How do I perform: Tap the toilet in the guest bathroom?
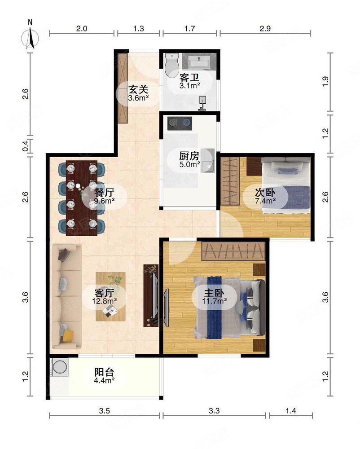pyautogui.click(x=171, y=65)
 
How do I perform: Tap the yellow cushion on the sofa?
pyautogui.click(x=68, y=335)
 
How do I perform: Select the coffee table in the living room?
pyautogui.click(x=110, y=296)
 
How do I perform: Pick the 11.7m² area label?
pyautogui.click(x=214, y=301)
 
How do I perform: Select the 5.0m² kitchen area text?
pyautogui.click(x=189, y=164)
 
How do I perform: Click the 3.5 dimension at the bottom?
pyautogui.click(x=105, y=410)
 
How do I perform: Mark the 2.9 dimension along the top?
pyautogui.click(x=265, y=29)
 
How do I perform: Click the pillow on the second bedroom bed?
pyautogui.click(x=284, y=170)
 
